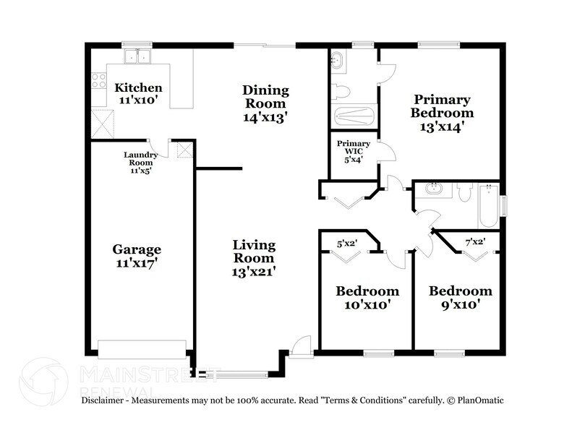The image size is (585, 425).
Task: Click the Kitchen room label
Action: [x=138, y=88]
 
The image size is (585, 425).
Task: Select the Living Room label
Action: [x=253, y=245]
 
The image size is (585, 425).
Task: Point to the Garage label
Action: [x=136, y=249]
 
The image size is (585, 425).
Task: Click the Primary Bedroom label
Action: [x=442, y=100]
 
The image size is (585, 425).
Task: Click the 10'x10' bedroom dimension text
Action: [x=367, y=304]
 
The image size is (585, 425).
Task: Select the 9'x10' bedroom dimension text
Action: [x=460, y=304]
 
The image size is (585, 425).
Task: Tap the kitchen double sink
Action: [x=136, y=57]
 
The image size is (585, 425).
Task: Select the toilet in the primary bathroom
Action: [x=340, y=92]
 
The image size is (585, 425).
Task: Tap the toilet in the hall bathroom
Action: [x=464, y=192]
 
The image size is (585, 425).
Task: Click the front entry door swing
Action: [x=302, y=344]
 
